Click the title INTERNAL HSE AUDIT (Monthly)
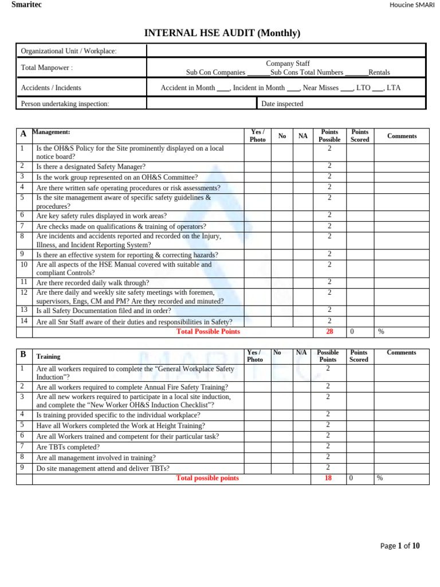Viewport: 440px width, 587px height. pyautogui.click(x=222, y=33)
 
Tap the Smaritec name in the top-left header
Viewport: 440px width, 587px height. pyautogui.click(x=26, y=5)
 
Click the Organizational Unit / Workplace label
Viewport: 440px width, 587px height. pyautogui.click(x=69, y=51)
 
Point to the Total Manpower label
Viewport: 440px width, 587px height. pyautogui.click(x=47, y=68)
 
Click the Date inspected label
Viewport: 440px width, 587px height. pyautogui.click(x=282, y=104)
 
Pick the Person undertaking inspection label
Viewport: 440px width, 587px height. pyautogui.click(x=65, y=104)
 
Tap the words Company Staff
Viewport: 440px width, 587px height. pyautogui.click(x=288, y=64)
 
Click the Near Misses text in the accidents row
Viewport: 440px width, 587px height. pyautogui.click(x=320, y=88)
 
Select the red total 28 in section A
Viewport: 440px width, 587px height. pyautogui.click(x=329, y=332)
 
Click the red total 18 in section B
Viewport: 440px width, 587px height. pyautogui.click(x=328, y=478)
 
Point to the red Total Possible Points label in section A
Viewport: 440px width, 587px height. pyautogui.click(x=208, y=332)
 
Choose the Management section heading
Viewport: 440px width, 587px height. pyautogui.click(x=51, y=132)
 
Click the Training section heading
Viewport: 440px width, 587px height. pyautogui.click(x=48, y=356)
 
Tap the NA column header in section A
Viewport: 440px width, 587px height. pyautogui.click(x=303, y=136)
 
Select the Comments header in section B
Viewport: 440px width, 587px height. pyautogui.click(x=401, y=353)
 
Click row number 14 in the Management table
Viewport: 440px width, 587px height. pyautogui.click(x=24, y=321)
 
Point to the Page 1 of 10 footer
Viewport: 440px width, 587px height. pyautogui.click(x=400, y=546)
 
